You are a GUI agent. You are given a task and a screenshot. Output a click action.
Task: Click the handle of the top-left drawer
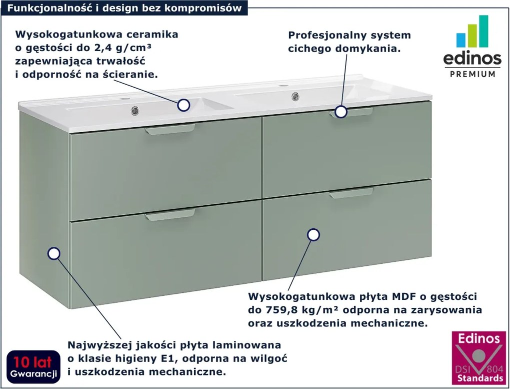point(170,130)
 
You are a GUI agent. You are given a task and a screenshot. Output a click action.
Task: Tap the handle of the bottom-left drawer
point(170,216)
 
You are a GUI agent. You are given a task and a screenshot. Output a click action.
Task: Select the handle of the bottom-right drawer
point(351,194)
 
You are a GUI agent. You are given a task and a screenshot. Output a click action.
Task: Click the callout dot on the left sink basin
point(183,105)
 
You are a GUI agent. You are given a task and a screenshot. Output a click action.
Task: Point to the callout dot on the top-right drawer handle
point(341,112)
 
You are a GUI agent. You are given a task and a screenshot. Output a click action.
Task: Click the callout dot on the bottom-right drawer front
point(313,234)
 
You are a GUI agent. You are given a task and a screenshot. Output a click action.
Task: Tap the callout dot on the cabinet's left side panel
point(53,253)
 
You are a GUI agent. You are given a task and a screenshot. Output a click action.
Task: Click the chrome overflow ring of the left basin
point(134,110)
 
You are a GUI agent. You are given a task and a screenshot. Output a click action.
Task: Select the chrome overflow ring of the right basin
point(295,95)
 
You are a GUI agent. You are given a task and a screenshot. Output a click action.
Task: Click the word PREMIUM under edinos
point(473,74)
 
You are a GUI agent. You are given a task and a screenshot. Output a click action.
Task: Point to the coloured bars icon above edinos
point(472,33)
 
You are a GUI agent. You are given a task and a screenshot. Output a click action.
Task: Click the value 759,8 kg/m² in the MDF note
point(299,310)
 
